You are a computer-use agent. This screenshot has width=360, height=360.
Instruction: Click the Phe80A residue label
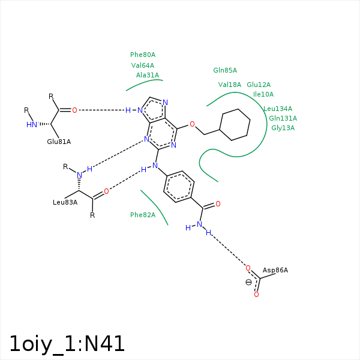(143, 55)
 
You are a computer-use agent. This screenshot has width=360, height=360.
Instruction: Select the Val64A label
(143, 65)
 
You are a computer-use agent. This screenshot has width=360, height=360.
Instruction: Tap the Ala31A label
(148, 75)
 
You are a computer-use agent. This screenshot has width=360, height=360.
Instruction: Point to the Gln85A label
(225, 70)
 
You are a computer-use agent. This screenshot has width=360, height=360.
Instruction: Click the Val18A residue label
(230, 85)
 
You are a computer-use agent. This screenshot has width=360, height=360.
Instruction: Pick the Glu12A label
(259, 85)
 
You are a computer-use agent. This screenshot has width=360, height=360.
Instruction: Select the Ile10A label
(263, 94)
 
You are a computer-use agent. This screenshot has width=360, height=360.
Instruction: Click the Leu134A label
(278, 109)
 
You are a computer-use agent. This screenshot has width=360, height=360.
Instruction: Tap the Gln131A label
(283, 118)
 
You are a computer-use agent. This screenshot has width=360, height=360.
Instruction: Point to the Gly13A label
(283, 128)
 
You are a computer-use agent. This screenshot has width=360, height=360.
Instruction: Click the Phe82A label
(143, 215)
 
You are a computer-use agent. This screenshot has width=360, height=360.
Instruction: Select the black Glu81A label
(59, 142)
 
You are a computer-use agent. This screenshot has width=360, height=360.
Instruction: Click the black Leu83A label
(65, 202)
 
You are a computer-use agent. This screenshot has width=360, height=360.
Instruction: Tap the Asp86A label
(275, 270)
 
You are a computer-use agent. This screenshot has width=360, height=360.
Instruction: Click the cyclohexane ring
(235, 125)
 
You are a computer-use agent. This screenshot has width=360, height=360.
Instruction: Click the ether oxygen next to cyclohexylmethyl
(192, 124)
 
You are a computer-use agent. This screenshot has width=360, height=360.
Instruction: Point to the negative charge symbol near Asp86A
(248, 282)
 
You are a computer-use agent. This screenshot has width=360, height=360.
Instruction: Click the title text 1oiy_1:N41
(67, 344)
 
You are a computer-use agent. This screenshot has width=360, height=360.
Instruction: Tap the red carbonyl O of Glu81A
(74, 110)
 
